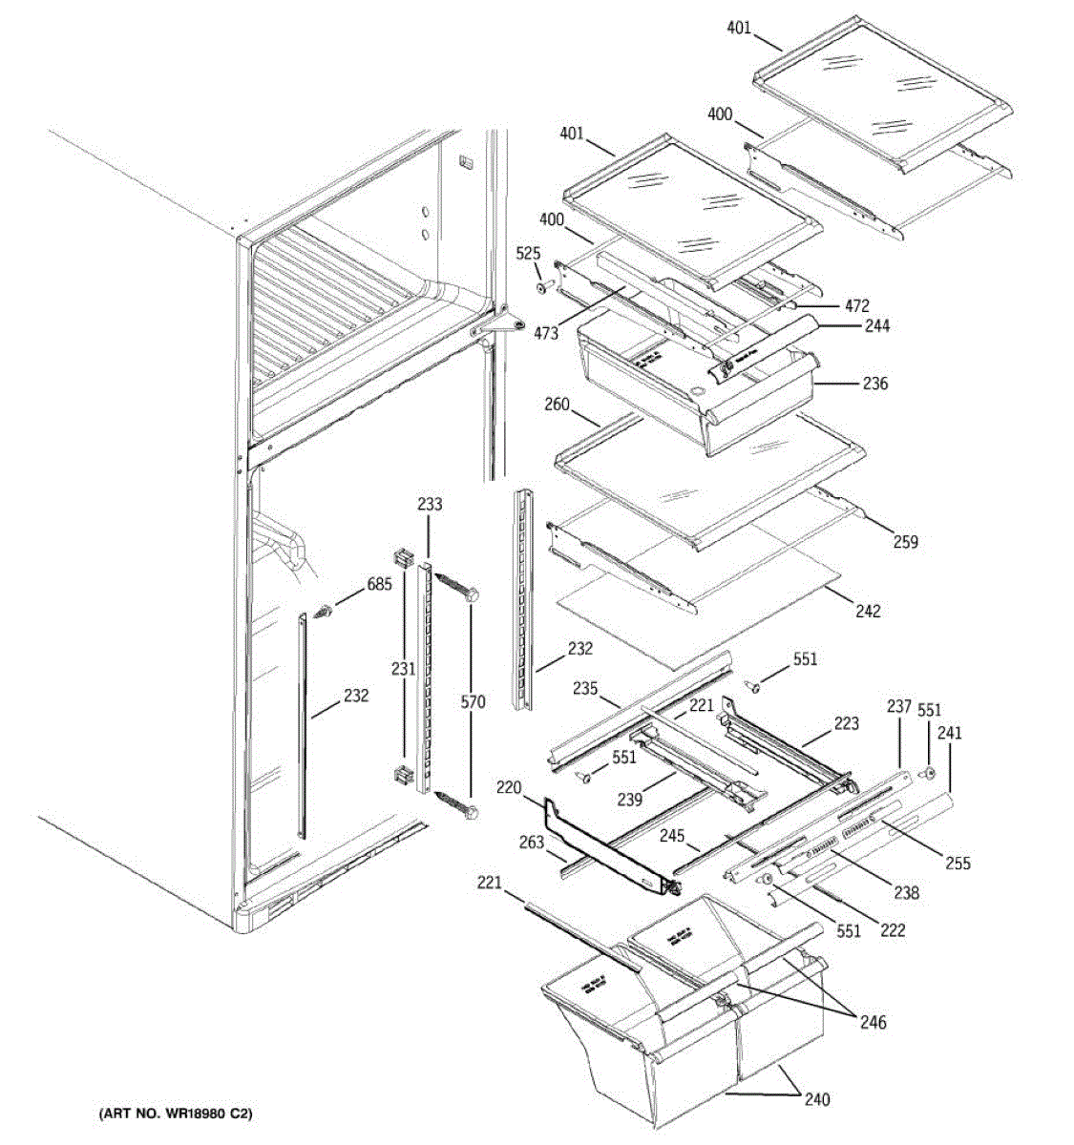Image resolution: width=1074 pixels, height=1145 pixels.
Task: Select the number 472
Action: coord(856,305)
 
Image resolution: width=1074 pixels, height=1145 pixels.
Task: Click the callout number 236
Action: coord(874,384)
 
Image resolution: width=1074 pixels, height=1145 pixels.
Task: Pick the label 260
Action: coord(557,405)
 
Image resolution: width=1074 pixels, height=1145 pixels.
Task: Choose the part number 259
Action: coord(904,542)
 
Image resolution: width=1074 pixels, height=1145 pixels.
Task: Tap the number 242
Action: coord(867,611)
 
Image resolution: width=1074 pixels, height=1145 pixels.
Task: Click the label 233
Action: coord(430,504)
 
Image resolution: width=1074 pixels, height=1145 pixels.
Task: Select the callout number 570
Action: coord(474,702)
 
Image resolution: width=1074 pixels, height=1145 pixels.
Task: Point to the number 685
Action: coord(379,584)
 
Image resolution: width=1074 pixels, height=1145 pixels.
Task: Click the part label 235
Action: coord(585,689)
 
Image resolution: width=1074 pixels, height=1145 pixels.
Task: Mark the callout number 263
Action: coord(532,842)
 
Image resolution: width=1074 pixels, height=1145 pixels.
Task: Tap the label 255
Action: coord(957,864)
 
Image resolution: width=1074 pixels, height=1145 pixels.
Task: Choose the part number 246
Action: coord(872,1023)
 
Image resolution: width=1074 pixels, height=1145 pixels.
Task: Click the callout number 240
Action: coord(816,1099)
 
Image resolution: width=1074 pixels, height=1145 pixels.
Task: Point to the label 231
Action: coord(402,669)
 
